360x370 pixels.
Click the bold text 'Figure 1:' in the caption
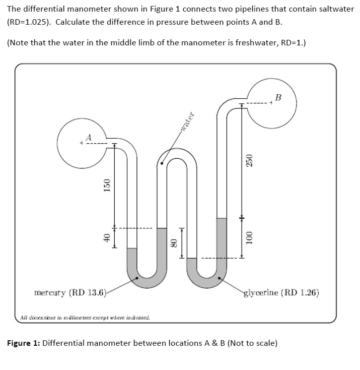coord(24,343)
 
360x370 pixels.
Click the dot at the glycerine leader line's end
coord(220,278)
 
